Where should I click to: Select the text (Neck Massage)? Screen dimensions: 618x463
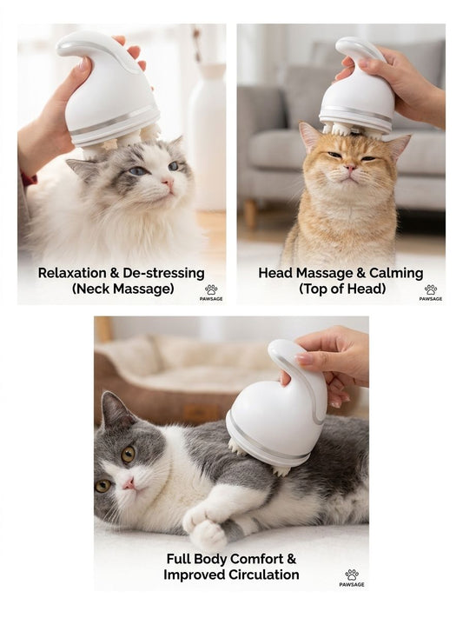[121, 289]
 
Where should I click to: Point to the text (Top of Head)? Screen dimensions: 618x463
[341, 289]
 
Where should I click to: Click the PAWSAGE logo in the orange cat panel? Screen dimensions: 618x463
[430, 292]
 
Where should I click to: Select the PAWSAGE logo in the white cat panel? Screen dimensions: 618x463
[211, 292]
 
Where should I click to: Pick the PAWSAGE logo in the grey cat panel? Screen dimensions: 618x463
[351, 578]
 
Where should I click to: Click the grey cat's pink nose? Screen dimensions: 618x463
[129, 482]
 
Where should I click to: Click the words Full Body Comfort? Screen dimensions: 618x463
[231, 559]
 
